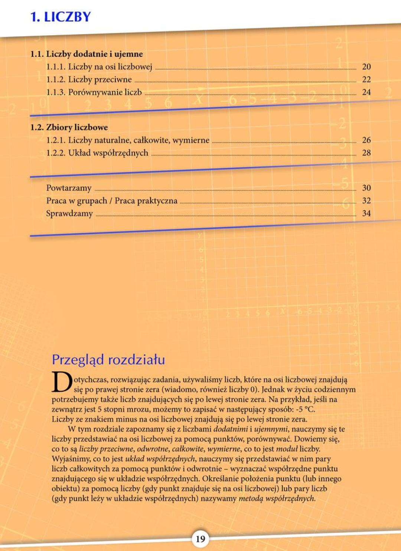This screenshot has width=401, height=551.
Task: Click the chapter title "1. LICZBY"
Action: [x=60, y=17]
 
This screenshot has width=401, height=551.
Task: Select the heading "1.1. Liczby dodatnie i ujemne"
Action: [x=87, y=54]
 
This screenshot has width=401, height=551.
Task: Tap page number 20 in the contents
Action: [x=366, y=67]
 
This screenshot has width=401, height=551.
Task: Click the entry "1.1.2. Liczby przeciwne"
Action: [x=89, y=79]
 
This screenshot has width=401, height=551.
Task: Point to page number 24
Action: [x=366, y=92]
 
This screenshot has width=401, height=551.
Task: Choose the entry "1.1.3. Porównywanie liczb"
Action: [x=94, y=92]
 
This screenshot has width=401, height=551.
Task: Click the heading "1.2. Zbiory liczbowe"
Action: [x=69, y=127]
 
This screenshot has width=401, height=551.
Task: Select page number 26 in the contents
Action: [x=366, y=140]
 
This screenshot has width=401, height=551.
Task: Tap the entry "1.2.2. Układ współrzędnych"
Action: [x=97, y=153]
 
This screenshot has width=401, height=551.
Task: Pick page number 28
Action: [x=366, y=153]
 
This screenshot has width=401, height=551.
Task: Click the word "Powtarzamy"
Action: [x=69, y=188]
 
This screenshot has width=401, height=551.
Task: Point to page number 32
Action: [x=366, y=201]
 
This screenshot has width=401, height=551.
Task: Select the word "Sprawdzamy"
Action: [x=69, y=213]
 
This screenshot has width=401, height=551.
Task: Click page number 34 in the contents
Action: [x=366, y=213]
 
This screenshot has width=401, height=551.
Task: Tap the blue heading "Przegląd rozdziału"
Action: [x=108, y=360]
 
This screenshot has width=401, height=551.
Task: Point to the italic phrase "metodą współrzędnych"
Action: [x=277, y=499]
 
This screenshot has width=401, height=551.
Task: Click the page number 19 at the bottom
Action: [x=200, y=539]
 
